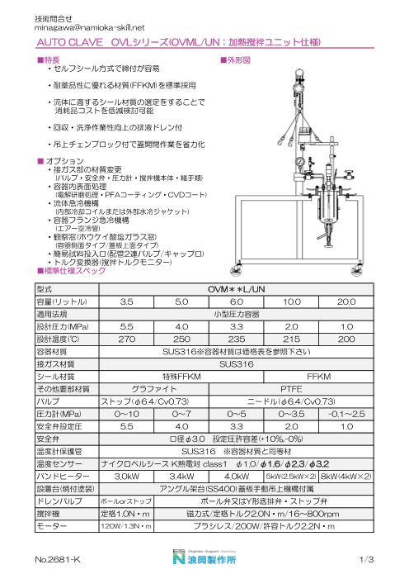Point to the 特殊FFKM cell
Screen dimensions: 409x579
(x=183, y=375)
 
